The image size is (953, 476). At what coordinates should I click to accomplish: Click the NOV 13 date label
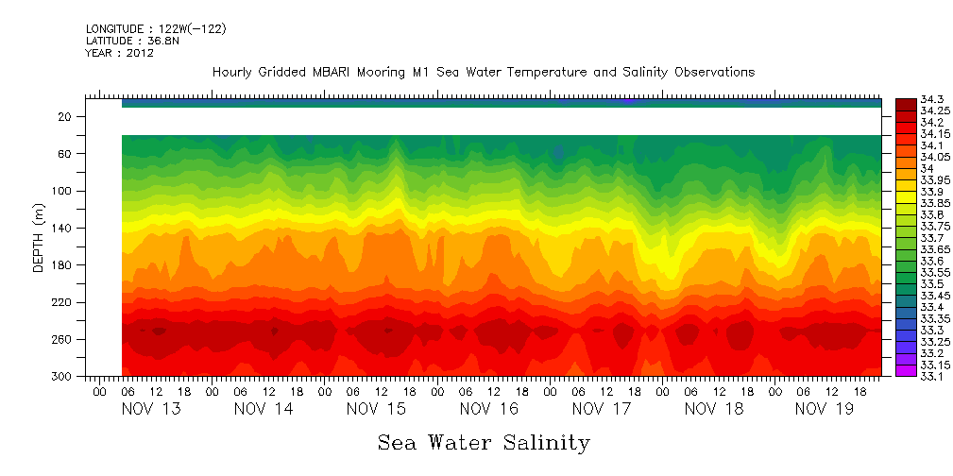[151, 409]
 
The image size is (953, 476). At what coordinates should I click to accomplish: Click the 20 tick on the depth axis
[66, 116]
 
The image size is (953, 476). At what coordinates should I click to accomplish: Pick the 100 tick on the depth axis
[63, 191]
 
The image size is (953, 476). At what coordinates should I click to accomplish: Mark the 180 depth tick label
[63, 265]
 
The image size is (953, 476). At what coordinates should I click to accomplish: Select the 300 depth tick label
[63, 377]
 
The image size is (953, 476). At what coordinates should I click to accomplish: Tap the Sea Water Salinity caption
[484, 442]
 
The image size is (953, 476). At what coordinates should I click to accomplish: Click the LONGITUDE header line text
[155, 29]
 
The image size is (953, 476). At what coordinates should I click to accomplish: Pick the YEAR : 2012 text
[119, 54]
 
